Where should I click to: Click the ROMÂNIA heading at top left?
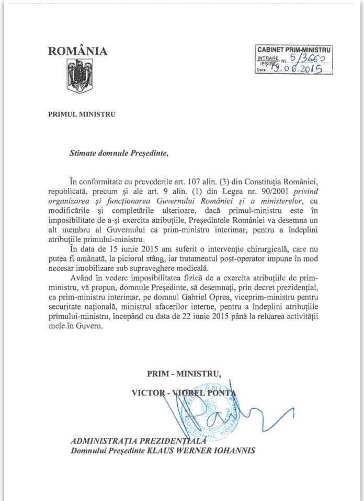78,51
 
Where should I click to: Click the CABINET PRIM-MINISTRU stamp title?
294,49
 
